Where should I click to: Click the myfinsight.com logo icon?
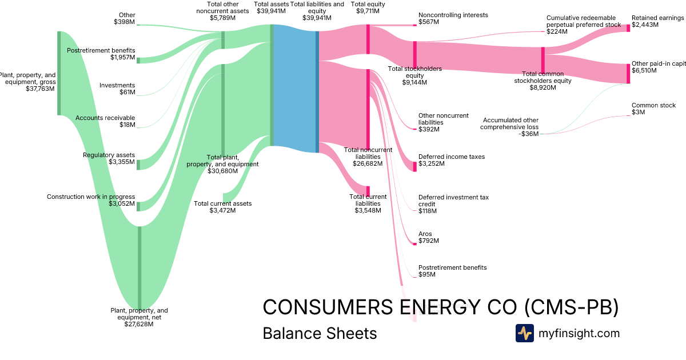click(525, 333)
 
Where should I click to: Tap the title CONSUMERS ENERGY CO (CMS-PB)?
click(440, 307)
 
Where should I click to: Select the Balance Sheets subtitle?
click(320, 333)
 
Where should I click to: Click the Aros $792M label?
click(429, 237)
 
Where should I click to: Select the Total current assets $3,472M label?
click(222, 207)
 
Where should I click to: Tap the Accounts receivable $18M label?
click(105, 121)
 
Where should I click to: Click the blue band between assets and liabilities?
click(295, 89)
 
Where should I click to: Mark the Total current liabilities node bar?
click(368, 191)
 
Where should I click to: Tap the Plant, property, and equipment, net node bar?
click(139, 267)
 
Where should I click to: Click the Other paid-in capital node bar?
click(628, 74)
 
